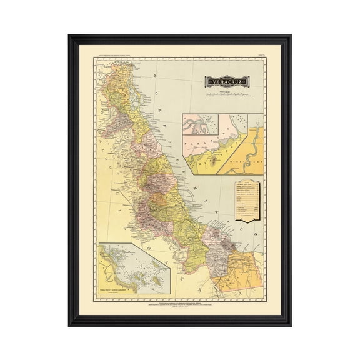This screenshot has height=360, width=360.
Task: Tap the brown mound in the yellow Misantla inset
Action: (216, 161)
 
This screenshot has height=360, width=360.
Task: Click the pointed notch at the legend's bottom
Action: (248, 221)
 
